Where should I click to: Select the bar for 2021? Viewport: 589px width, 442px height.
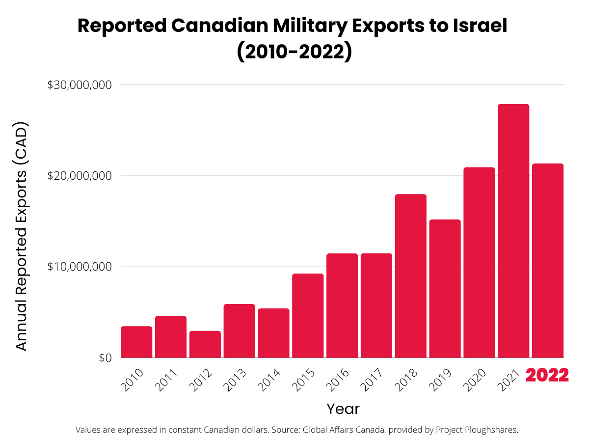(513, 231)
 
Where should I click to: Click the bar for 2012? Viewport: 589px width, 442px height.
(205, 344)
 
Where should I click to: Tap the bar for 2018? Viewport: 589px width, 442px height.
(410, 276)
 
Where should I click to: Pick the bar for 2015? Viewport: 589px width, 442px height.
(308, 316)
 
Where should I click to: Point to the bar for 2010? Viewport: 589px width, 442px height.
(136, 342)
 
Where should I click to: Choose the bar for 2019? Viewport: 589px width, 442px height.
(445, 289)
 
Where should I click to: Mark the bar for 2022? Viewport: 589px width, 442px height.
(548, 260)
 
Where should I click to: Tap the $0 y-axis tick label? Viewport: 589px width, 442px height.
(105, 358)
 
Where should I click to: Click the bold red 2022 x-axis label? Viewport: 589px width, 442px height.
(547, 376)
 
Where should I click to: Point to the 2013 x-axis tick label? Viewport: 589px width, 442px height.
(235, 380)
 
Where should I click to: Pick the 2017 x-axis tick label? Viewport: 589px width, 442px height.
(372, 380)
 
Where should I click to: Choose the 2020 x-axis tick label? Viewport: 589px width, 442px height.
(475, 380)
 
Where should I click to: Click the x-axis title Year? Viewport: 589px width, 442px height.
(343, 409)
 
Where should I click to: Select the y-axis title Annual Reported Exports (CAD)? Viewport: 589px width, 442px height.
(22, 236)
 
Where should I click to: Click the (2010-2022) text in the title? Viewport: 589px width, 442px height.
(294, 52)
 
